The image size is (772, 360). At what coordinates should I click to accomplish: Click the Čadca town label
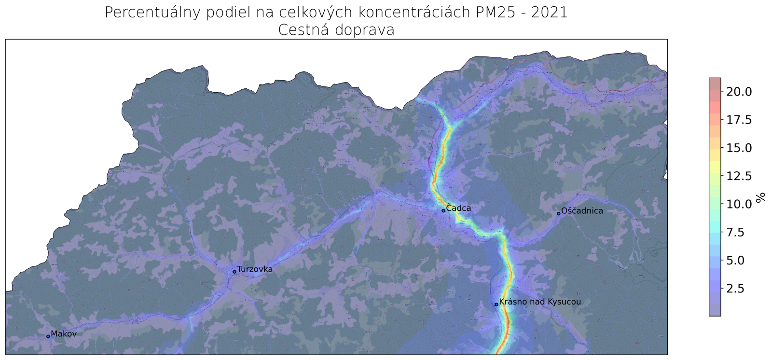click(458, 208)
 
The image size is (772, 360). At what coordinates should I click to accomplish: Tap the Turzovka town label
click(255, 269)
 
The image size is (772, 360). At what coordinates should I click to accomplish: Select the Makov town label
click(64, 333)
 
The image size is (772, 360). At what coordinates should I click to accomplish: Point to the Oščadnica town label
click(582, 211)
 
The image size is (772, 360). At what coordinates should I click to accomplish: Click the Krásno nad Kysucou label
click(540, 302)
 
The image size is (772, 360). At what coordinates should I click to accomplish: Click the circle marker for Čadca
click(443, 211)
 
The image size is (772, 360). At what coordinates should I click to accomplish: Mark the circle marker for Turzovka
click(234, 272)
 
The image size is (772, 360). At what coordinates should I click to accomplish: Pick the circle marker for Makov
click(48, 336)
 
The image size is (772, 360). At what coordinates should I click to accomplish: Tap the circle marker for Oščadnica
click(559, 213)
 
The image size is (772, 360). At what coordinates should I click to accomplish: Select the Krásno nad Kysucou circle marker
click(496, 305)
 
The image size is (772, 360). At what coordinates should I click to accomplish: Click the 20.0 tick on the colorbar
click(739, 92)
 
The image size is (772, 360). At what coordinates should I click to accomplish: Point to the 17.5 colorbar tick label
click(739, 120)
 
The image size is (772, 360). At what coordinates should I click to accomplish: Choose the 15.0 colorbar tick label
click(739, 148)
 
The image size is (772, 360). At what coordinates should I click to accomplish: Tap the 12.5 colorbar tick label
click(739, 176)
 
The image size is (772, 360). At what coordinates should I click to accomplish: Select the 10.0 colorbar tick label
click(739, 204)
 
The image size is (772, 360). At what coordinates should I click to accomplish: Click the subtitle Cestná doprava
click(336, 30)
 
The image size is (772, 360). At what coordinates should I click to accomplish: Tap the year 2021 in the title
click(549, 12)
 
